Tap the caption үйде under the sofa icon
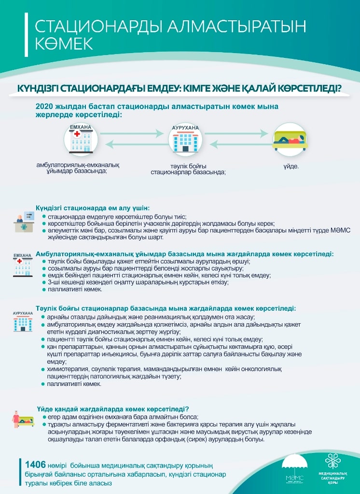point(291,166)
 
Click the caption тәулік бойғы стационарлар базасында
point(188,168)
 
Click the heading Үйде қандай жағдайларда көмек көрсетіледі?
point(112,409)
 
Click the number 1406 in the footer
point(35,465)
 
